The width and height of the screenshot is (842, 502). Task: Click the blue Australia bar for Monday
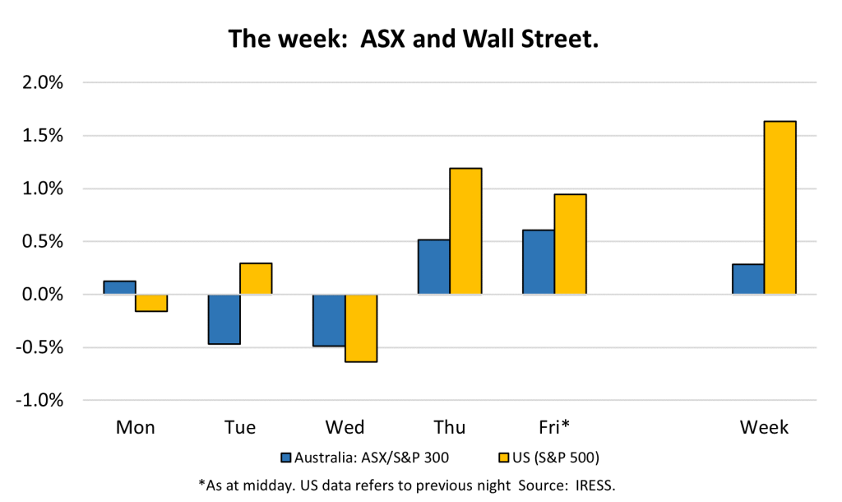(x=119, y=287)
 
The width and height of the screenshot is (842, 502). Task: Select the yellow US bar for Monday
(x=151, y=303)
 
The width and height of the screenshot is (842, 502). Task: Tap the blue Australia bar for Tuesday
(x=224, y=319)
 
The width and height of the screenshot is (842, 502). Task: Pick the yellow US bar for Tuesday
(x=257, y=278)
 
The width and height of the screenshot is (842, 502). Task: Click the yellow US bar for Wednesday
(x=361, y=328)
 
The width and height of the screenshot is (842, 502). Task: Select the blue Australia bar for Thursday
(x=434, y=267)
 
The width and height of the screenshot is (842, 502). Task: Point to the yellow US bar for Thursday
(x=465, y=231)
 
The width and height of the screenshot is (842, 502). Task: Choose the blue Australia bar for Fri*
(x=539, y=263)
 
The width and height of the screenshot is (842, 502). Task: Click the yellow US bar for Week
(x=780, y=208)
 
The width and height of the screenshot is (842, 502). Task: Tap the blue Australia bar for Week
(x=748, y=279)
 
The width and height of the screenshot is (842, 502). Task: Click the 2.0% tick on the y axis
(x=43, y=83)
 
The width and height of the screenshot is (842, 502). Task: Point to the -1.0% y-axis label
(x=39, y=401)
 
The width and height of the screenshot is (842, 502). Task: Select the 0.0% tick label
(x=43, y=295)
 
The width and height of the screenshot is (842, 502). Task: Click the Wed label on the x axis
(x=345, y=427)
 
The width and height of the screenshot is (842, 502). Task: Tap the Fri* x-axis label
(x=553, y=427)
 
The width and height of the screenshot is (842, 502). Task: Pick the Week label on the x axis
(x=764, y=427)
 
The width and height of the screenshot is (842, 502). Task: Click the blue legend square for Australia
(x=286, y=458)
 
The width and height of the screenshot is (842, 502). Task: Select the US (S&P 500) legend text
(x=555, y=458)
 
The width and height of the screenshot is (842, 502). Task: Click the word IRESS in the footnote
(x=595, y=486)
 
